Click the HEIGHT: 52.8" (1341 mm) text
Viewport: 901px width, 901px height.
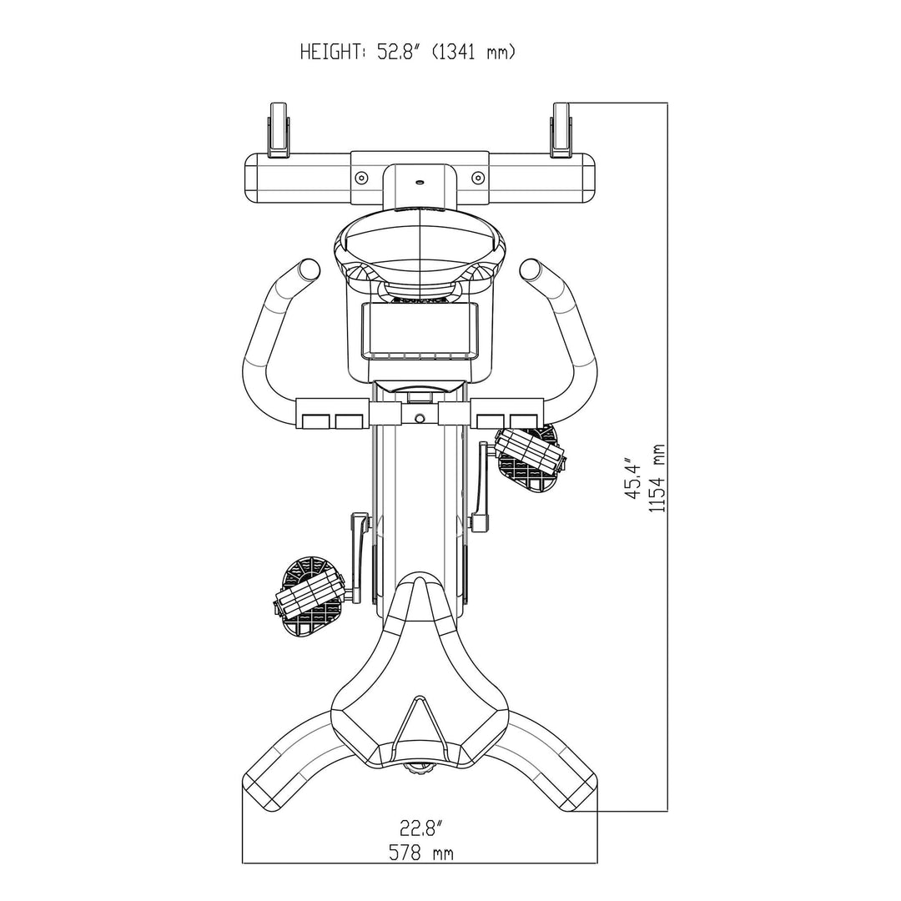407,53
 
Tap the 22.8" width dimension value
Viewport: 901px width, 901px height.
420,828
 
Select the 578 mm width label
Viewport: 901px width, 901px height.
420,853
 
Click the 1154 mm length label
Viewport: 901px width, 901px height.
659,477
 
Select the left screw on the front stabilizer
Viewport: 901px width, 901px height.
361,178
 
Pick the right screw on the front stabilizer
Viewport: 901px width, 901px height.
477,178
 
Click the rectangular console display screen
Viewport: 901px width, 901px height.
420,330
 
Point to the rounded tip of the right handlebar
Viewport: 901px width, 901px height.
531,269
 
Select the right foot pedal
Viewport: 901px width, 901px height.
529,454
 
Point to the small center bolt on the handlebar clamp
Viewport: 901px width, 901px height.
420,416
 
